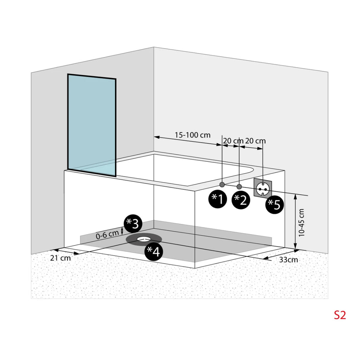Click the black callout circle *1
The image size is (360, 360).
[217, 199]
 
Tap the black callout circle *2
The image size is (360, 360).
[240, 200]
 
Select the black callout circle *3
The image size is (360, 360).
[133, 224]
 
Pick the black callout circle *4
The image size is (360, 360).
[154, 251]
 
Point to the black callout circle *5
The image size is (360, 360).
[275, 205]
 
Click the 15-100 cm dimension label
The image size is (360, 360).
[193, 135]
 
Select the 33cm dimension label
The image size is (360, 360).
[289, 260]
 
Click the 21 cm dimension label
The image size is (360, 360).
[60, 258]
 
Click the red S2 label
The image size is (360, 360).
[340, 315]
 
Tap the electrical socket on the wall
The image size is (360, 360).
[263, 188]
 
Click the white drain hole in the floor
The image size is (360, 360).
[144, 239]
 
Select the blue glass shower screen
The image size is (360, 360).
[92, 125]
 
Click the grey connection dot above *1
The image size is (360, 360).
[222, 184]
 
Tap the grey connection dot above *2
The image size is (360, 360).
[239, 186]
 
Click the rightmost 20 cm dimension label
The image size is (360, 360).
[255, 141]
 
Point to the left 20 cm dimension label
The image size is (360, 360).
[233, 141]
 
